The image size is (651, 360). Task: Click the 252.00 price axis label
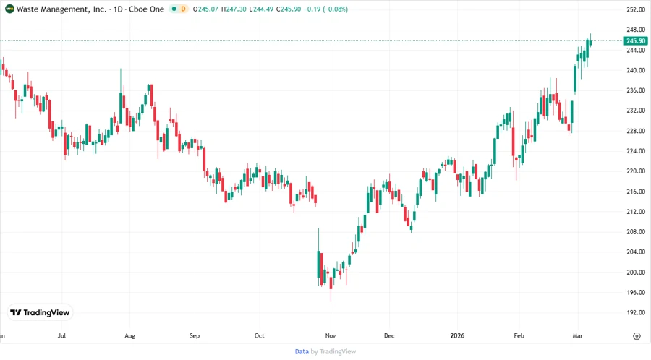[635, 9]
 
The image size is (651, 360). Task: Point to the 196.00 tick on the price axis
[635, 292]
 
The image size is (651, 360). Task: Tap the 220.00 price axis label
[635, 171]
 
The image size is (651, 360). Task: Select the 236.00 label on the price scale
[635, 90]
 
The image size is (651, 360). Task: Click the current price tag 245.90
[635, 41]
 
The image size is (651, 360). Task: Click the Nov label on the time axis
[330, 336]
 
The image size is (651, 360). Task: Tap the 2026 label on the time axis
[456, 336]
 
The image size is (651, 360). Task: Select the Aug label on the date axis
[129, 336]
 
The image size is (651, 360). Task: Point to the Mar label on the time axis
[579, 336]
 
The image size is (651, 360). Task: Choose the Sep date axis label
[194, 336]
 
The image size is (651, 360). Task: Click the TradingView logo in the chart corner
[40, 312]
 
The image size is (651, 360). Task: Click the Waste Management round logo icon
[9, 9]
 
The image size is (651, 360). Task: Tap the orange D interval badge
[182, 9]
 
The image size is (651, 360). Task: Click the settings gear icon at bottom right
[637, 336]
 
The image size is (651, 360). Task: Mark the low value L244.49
[266, 9]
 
